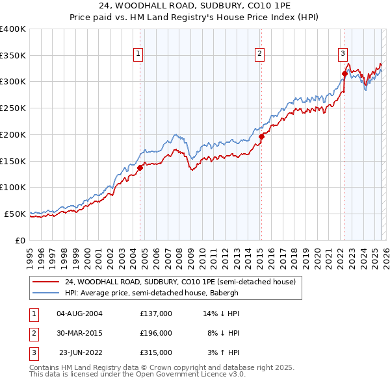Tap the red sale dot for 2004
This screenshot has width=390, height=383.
(140, 167)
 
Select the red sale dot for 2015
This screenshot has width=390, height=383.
(261, 136)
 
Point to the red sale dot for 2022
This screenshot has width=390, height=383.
(344, 73)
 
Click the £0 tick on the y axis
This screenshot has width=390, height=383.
(19, 240)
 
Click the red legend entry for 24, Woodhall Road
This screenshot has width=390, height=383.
(180, 282)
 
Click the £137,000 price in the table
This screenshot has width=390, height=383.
(156, 314)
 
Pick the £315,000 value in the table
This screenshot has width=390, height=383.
(156, 352)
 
